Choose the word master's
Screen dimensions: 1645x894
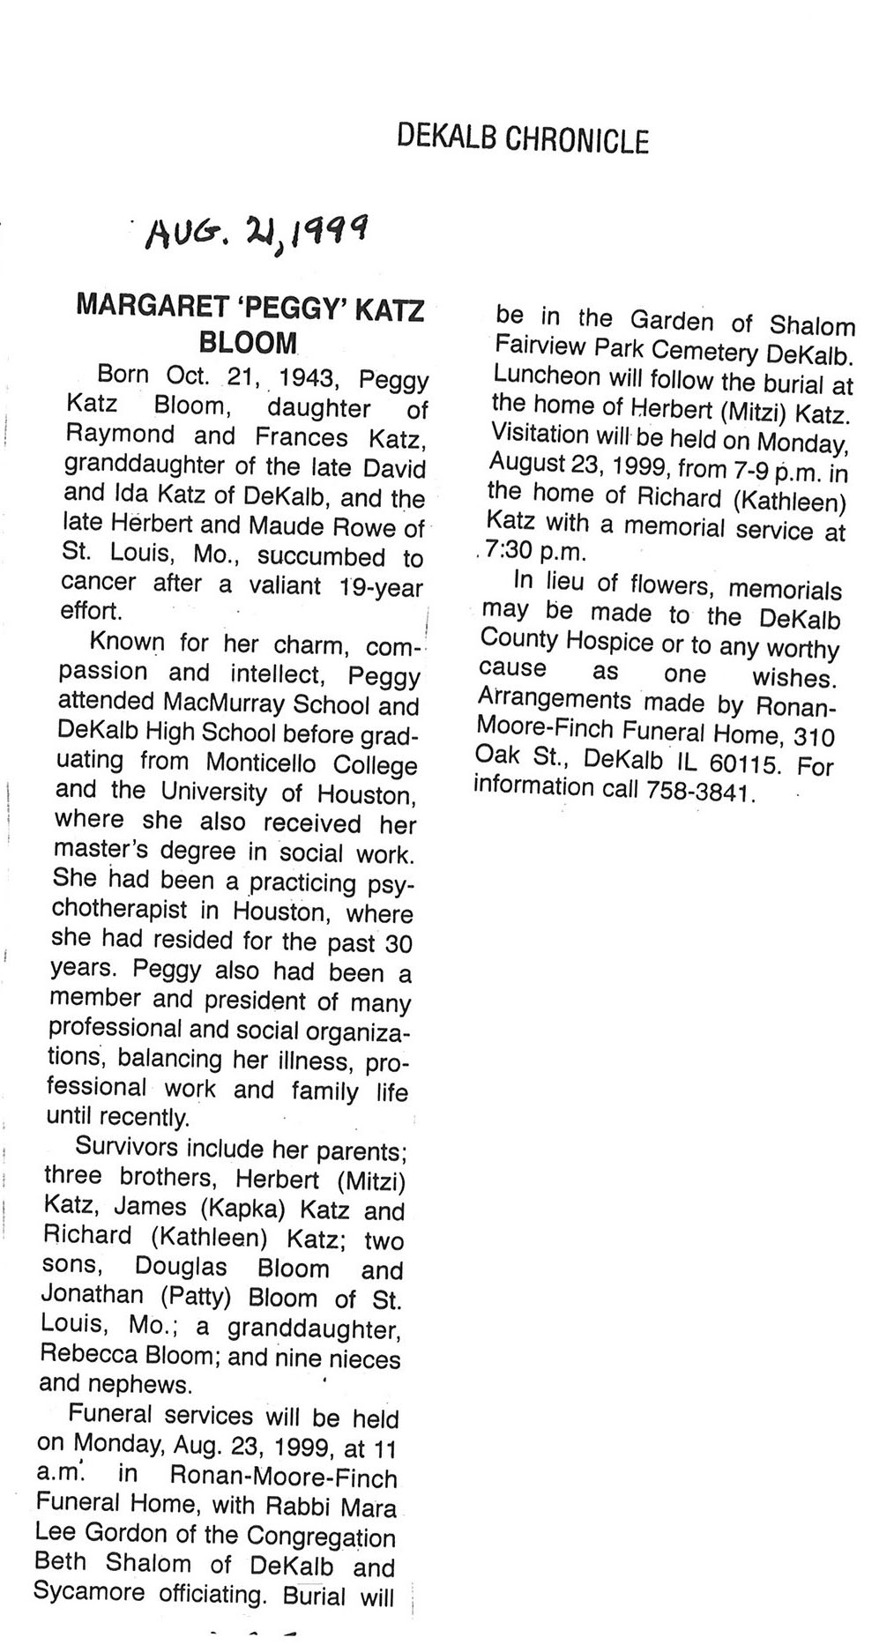(97, 851)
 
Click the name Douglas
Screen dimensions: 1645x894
(181, 1267)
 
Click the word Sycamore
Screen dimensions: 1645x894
(92, 1591)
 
